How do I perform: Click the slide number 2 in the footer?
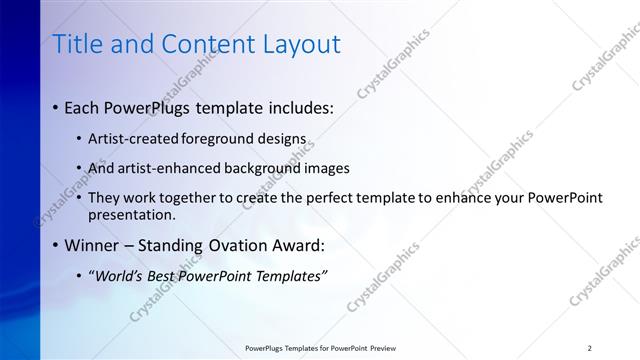[x=590, y=347]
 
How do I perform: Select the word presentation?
[x=132, y=214]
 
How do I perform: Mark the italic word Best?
[x=164, y=275]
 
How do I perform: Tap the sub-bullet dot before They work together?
[x=79, y=197]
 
